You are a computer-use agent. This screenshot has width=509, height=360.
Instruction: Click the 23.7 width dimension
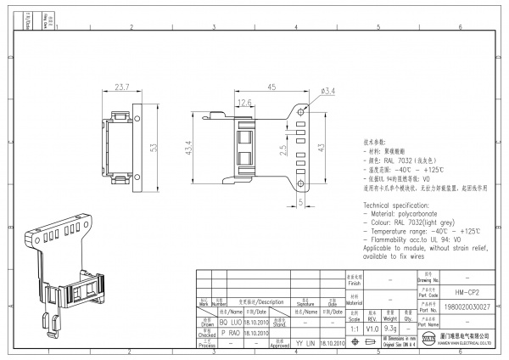[122, 87]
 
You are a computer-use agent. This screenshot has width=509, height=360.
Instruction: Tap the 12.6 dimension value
[245, 103]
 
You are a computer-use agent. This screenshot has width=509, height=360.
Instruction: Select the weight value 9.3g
[391, 327]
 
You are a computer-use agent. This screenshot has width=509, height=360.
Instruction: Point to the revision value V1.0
[372, 327]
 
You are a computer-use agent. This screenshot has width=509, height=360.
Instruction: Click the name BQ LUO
[230, 323]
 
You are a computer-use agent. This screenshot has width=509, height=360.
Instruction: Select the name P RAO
[230, 335]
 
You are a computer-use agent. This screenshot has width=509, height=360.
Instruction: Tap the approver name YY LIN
[305, 344]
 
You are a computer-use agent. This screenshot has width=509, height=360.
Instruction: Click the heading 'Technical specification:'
[400, 207]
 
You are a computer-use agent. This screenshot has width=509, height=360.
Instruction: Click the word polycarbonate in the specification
[427, 216]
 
